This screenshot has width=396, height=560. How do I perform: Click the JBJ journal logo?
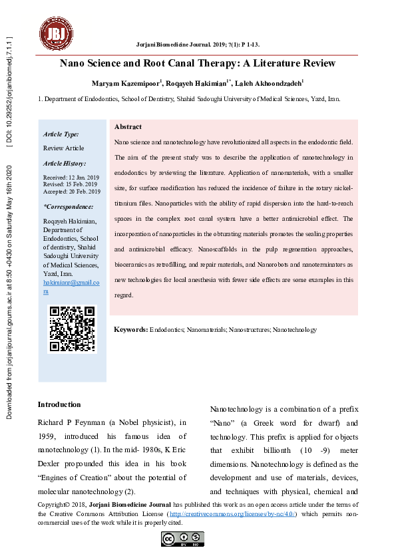55,31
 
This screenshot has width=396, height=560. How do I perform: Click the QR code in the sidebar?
73,329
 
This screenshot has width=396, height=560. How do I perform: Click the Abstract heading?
128,126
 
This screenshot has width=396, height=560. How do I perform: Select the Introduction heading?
59,404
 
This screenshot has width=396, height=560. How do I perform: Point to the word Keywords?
131,330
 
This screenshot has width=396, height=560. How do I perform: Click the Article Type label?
61,134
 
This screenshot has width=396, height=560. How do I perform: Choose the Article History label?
65,163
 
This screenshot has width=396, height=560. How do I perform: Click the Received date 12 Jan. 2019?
71,178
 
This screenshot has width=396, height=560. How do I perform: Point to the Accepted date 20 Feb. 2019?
72,192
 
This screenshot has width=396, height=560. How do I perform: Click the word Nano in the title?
74,64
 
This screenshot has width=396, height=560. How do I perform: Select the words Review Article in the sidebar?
63,148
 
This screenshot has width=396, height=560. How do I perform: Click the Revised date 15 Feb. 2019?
71,185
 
